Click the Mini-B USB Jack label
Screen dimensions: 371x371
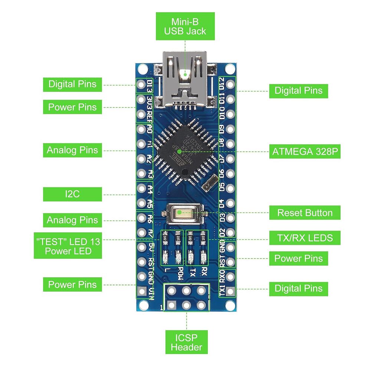click(185, 26)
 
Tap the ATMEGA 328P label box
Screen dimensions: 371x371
click(304, 151)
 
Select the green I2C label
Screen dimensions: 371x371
click(72, 194)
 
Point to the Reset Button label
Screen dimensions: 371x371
click(305, 213)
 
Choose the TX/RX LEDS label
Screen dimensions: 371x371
click(305, 237)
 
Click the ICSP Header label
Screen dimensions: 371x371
click(186, 342)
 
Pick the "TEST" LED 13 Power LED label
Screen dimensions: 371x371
click(68, 246)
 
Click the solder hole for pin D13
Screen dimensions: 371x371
click(141, 85)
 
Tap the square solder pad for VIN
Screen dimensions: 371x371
click(141, 291)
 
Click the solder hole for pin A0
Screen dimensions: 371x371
click(141, 129)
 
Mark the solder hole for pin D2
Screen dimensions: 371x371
click(230, 232)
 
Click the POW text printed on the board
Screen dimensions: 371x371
click(180, 273)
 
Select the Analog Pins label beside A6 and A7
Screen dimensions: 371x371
click(72, 220)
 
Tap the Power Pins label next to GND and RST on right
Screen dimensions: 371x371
click(298, 259)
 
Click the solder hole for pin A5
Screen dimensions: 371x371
click(141, 203)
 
